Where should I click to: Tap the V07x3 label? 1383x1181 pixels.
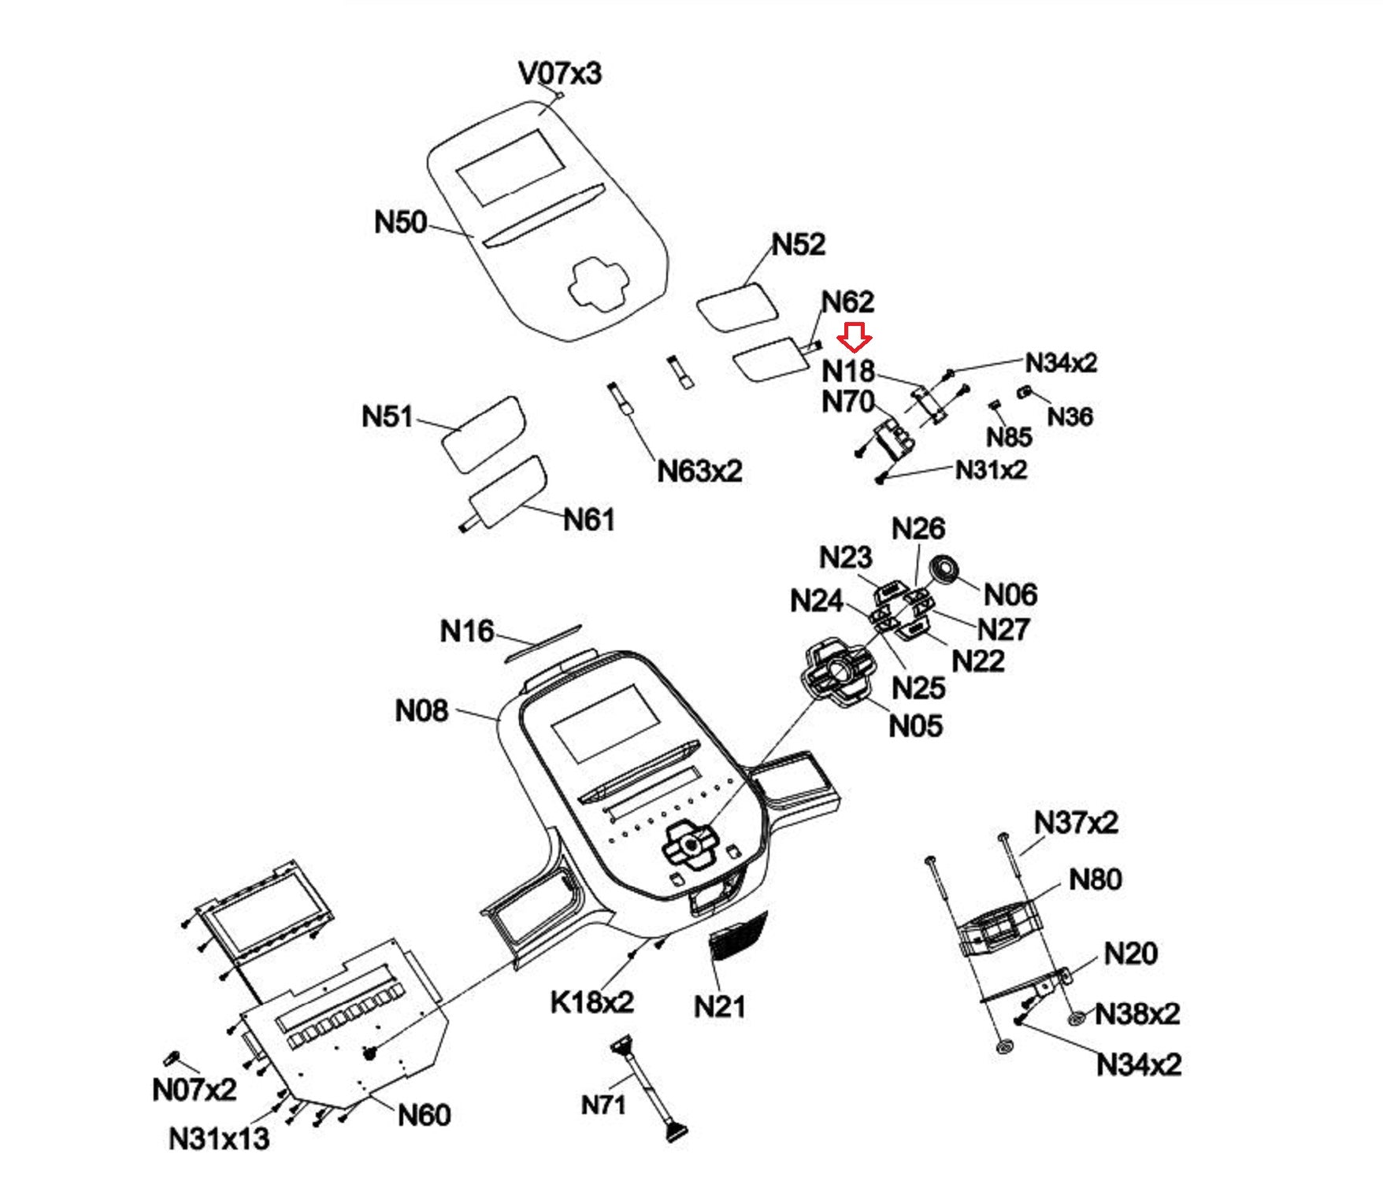click(x=560, y=73)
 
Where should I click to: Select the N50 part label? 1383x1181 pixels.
click(x=400, y=222)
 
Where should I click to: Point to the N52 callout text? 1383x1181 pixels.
click(x=799, y=245)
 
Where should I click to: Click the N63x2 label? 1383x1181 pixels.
click(x=699, y=471)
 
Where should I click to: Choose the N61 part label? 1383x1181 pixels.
click(x=589, y=520)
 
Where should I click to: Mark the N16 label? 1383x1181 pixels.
click(x=467, y=631)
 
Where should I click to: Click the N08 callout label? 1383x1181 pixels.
click(x=421, y=711)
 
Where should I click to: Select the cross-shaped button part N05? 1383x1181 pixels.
click(x=838, y=673)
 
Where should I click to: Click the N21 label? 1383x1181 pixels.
click(x=720, y=1006)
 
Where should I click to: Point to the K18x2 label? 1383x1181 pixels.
click(x=591, y=1002)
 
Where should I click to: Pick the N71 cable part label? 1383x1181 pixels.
click(x=603, y=1105)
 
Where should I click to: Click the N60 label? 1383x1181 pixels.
click(x=425, y=1115)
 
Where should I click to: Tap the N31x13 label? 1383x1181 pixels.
click(x=219, y=1138)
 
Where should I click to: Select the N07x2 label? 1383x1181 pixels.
click(x=194, y=1090)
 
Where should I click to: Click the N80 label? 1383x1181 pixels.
click(x=1095, y=879)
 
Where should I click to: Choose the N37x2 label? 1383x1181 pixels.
click(x=1076, y=823)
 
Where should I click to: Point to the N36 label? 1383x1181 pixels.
click(x=1070, y=416)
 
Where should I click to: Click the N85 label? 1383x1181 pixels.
click(x=1009, y=437)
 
